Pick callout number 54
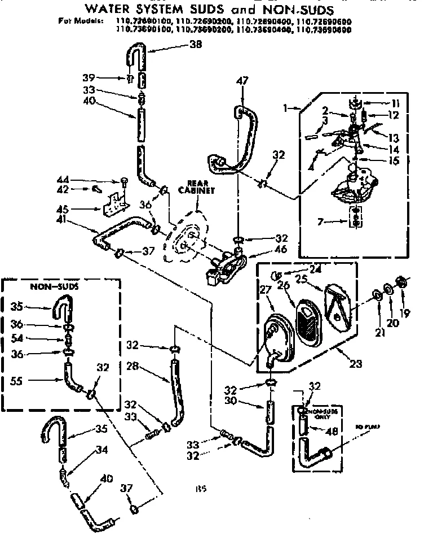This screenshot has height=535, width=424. click(16, 339)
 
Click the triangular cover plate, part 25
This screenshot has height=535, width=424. click(339, 305)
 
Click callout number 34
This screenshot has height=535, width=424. click(101, 449)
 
